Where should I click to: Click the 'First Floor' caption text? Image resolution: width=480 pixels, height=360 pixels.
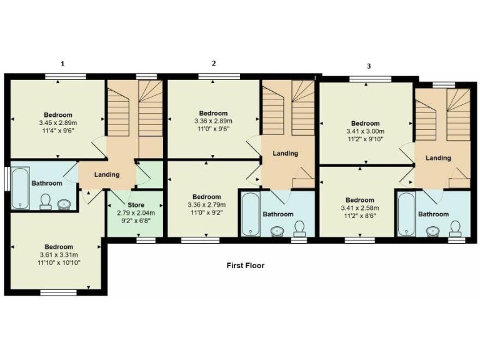coord(245,266)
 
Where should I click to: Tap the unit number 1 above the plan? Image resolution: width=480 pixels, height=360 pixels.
coord(62,64)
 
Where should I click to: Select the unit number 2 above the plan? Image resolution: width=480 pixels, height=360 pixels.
coord(214,63)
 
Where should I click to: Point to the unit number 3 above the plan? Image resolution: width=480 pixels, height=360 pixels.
coord(369,66)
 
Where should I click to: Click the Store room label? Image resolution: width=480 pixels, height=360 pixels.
coord(136,205)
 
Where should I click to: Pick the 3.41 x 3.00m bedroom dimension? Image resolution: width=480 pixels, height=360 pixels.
coord(365,132)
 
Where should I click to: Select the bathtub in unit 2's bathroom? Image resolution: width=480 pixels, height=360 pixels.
coord(249,214)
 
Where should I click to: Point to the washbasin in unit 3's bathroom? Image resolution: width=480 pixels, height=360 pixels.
coord(431,232)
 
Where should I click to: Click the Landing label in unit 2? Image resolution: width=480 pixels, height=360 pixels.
coord(286,153)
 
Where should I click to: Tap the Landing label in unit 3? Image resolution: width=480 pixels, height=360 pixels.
coord(438,158)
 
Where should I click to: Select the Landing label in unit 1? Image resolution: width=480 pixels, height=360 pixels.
coord(107,174)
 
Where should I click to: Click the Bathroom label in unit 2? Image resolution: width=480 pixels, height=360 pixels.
coord(277,214)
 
